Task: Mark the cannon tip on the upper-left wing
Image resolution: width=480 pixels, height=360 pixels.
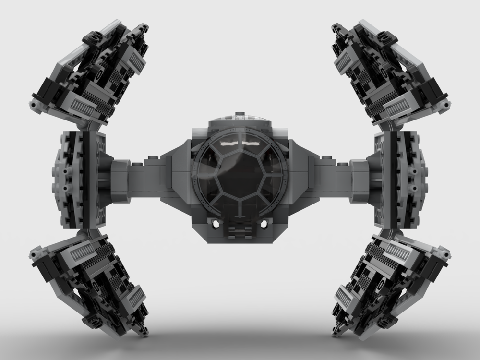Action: [x=34, y=104]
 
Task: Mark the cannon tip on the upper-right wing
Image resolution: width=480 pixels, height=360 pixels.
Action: [x=446, y=104]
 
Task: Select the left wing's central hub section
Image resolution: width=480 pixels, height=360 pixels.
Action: [x=77, y=180]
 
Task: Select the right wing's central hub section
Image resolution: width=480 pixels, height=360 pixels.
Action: [x=403, y=180]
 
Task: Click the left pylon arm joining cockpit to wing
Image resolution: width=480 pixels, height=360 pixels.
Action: [x=139, y=175]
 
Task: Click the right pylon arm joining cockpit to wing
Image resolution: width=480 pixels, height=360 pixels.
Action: [x=341, y=175]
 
